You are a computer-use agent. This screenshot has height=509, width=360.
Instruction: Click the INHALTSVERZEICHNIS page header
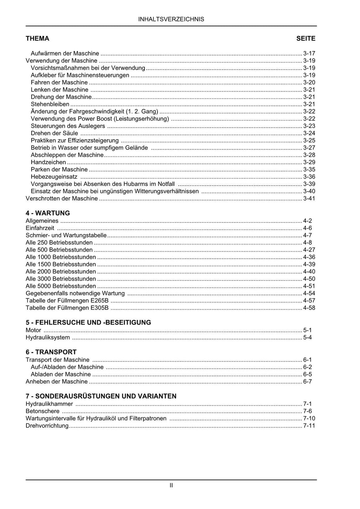tap(171, 19)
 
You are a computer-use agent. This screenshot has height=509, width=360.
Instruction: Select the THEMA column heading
tap(37, 39)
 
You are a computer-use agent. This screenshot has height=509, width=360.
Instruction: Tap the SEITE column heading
tap(306, 39)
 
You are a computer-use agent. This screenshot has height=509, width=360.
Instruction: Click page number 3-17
tap(309, 53)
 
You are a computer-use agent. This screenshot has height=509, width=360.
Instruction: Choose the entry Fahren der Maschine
tap(59, 83)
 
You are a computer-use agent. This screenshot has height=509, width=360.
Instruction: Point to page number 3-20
tap(309, 83)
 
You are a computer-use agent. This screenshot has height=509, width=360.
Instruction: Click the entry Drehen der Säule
tap(54, 133)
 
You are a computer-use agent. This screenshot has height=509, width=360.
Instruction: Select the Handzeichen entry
tap(48, 162)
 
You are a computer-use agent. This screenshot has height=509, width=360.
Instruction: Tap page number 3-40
tap(309, 191)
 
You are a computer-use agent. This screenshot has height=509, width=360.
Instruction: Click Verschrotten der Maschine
tap(62, 199)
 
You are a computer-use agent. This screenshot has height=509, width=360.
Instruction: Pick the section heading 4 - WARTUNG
tap(48, 213)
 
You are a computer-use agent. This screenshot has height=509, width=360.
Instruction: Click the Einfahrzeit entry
tap(40, 228)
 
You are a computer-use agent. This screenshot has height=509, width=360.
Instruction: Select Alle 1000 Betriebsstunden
tap(61, 257)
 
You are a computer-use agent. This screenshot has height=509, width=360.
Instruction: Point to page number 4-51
tap(309, 286)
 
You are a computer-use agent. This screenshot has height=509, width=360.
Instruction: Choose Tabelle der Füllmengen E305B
tap(67, 308)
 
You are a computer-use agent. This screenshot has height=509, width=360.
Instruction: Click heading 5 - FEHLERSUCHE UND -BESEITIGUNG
tap(88, 322)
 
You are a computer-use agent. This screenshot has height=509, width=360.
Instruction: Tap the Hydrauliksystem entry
tap(48, 338)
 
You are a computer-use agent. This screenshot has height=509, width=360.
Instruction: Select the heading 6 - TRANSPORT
tap(51, 352)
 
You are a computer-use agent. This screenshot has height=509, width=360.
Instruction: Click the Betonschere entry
tap(43, 411)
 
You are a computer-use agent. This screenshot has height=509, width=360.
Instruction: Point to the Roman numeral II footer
tap(171, 485)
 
